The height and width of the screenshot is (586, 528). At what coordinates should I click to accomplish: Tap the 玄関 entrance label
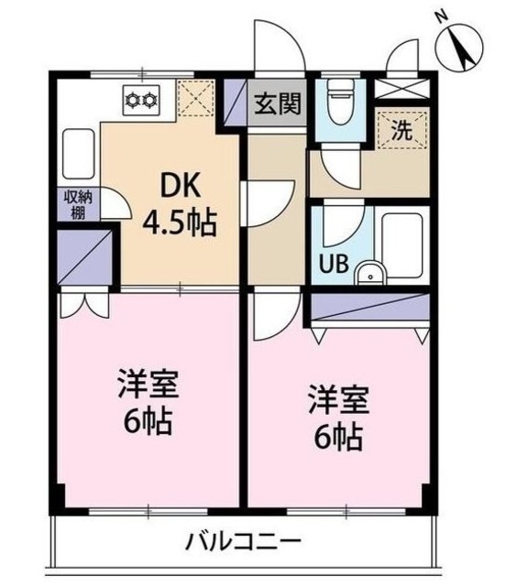point(277,103)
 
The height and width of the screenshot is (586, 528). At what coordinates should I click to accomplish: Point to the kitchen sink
point(78,155)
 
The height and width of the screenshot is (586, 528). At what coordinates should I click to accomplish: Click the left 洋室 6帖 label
point(146,403)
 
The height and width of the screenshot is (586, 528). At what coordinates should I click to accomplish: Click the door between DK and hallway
point(266,197)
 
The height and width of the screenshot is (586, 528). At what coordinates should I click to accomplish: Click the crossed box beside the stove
point(195,97)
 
